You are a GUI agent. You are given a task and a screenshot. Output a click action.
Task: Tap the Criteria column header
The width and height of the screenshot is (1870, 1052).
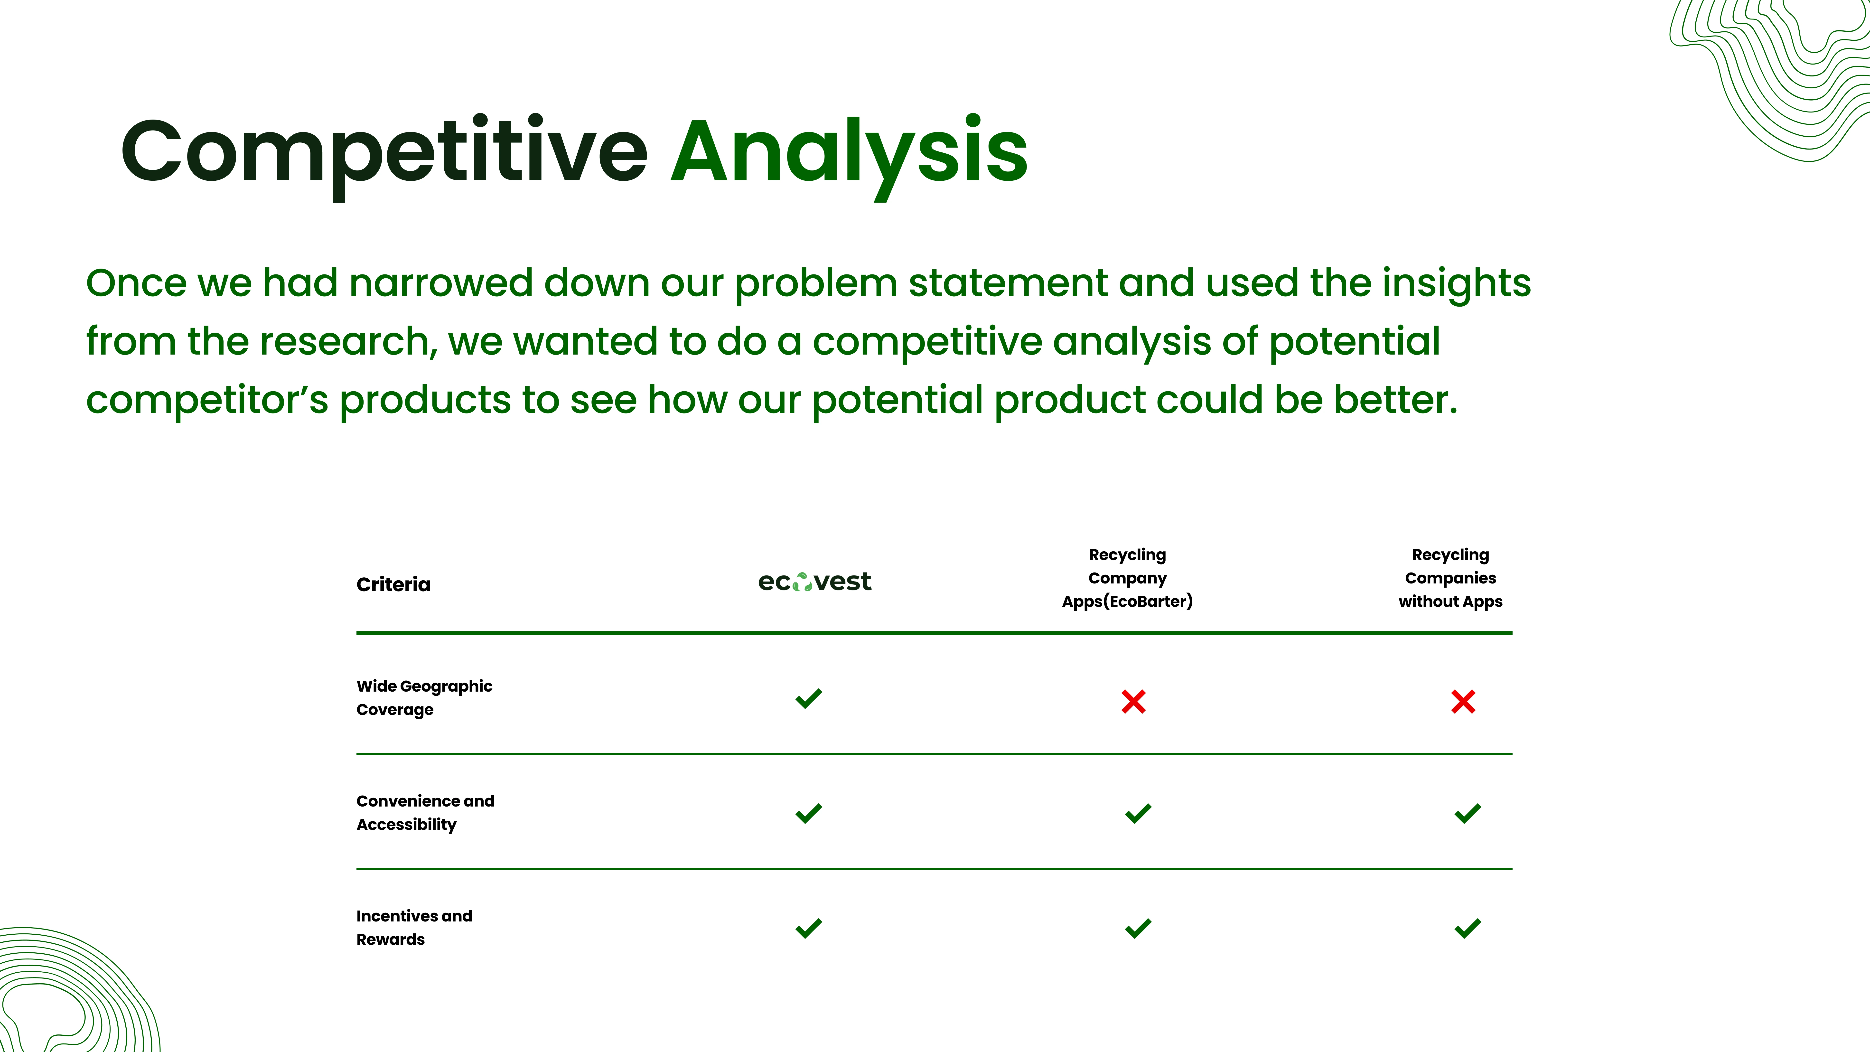[393, 584]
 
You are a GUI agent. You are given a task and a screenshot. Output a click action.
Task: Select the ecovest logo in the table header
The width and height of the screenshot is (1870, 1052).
[814, 582]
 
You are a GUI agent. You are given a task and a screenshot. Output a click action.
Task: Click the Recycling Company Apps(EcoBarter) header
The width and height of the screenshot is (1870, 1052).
[1127, 578]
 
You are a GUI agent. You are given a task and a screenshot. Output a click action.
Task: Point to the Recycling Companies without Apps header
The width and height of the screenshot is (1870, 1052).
[1450, 578]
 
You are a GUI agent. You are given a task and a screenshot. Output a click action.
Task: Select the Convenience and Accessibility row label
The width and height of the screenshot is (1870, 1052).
[425, 812]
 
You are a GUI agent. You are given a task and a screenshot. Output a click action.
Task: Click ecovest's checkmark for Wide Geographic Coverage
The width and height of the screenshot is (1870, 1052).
[809, 698]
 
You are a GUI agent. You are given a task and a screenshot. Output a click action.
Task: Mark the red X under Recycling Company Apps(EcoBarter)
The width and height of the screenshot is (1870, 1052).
[1133, 701]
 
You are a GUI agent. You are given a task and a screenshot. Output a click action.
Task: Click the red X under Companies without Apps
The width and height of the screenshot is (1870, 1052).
[1463, 701]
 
